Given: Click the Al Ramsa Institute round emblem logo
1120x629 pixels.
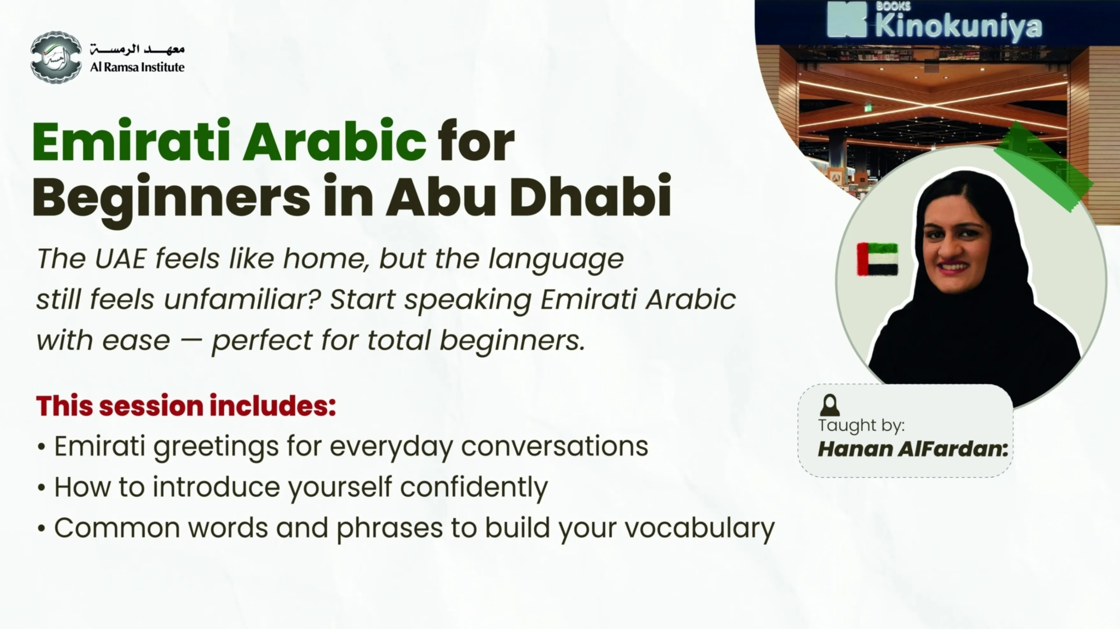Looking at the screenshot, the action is point(56,57).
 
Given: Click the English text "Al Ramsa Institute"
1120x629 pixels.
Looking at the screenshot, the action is point(137,67).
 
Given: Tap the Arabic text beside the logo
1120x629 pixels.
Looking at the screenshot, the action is point(137,49).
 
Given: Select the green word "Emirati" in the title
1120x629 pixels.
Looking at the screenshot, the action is point(131,141).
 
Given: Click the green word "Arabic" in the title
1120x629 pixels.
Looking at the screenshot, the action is point(334,141).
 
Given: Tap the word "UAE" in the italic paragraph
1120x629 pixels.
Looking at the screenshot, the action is point(120,259).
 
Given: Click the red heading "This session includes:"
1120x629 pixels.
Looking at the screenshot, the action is point(186,406).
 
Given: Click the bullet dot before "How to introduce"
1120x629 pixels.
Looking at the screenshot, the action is point(42,488).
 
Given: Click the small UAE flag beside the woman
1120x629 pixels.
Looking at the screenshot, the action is point(877,259).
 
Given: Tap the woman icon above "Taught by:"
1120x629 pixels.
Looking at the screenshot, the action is point(830,405).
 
